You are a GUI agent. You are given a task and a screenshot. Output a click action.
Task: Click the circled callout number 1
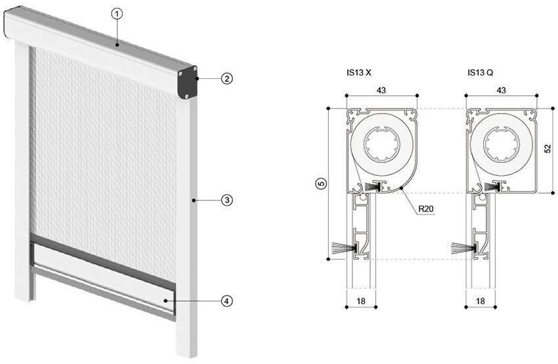[x=117, y=14]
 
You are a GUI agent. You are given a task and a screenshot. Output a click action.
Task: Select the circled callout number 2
[x=226, y=78]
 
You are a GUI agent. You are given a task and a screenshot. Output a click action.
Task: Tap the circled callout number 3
[x=226, y=200]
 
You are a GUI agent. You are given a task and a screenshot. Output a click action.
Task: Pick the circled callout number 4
[x=226, y=301]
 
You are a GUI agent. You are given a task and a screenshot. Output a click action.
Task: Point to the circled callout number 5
[x=321, y=184]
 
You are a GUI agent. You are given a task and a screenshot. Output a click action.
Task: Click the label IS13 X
[x=358, y=73]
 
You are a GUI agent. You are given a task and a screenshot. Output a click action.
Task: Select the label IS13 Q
[x=481, y=73]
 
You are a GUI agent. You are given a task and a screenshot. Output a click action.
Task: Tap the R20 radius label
[x=426, y=209]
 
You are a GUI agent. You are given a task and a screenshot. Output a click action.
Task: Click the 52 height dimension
[x=547, y=148]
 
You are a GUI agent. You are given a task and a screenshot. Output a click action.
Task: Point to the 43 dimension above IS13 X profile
[x=381, y=91]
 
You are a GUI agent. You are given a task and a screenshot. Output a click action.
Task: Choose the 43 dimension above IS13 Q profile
[x=501, y=91]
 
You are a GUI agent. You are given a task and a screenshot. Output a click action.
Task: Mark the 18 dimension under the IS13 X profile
[x=361, y=302]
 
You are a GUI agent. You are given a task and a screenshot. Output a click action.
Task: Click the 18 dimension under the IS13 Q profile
[x=481, y=302]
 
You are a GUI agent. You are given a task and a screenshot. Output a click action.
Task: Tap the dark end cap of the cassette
[x=188, y=83]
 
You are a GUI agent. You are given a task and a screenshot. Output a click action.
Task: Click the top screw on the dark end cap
[x=195, y=68]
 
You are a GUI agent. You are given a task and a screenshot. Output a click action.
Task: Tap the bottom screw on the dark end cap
[x=186, y=95]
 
